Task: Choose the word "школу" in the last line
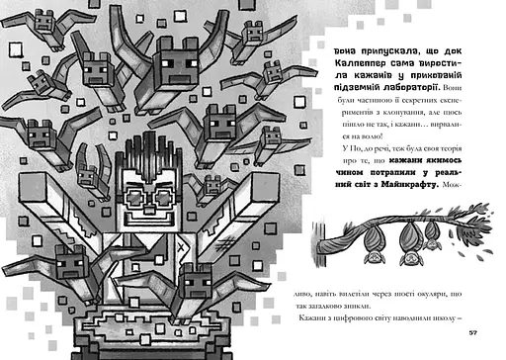[440, 325]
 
